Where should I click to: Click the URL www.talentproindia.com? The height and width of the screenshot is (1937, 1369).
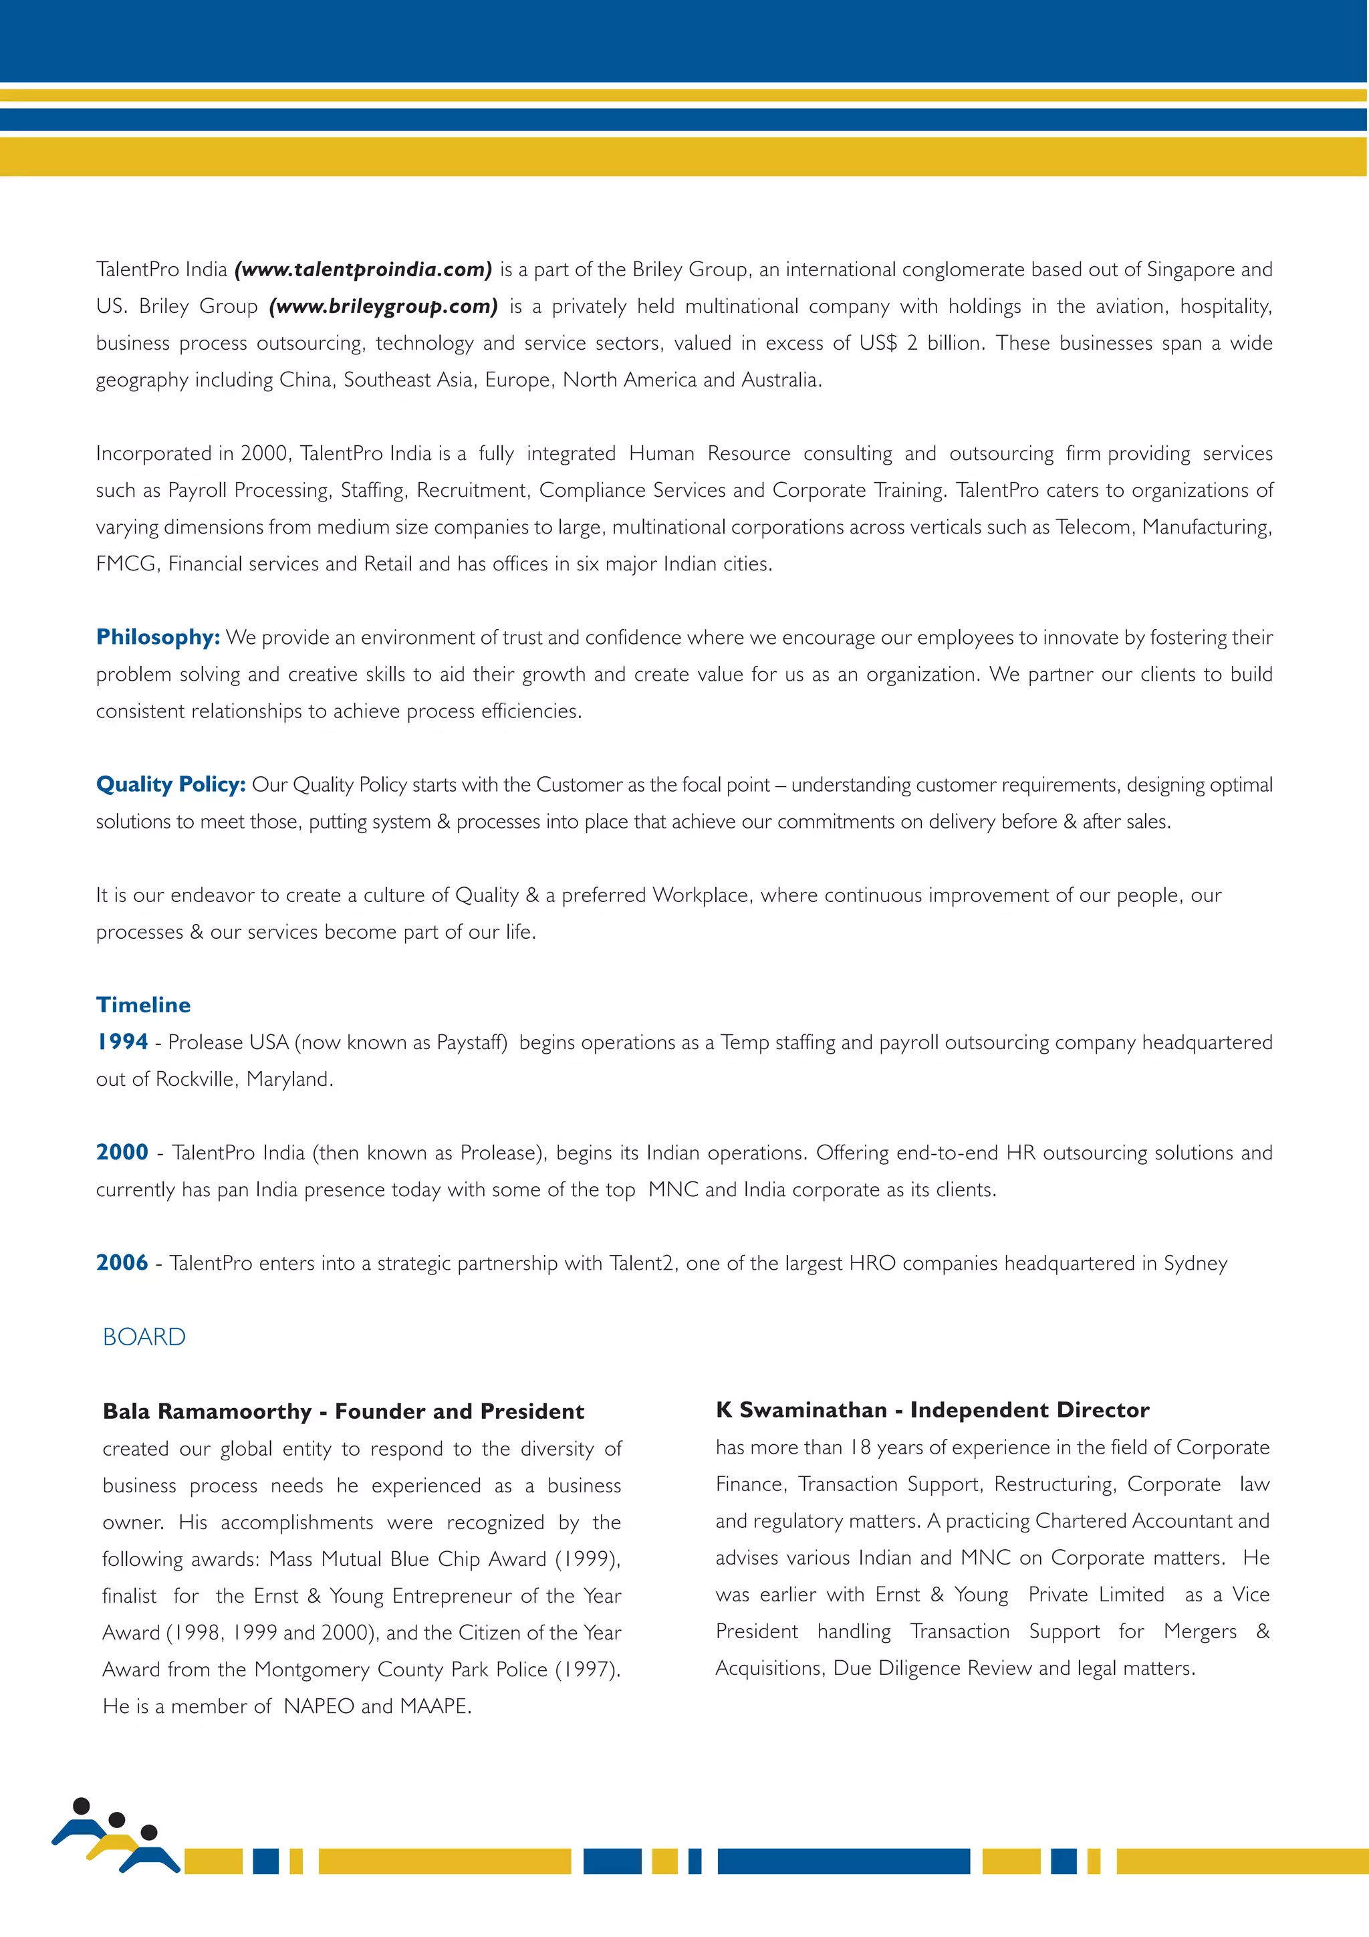(364, 270)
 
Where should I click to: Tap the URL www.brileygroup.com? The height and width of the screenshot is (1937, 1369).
(384, 306)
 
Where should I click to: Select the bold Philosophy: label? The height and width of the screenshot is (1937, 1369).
(158, 637)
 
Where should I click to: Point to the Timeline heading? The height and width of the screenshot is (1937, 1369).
(144, 1005)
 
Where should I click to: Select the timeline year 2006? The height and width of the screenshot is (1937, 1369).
(122, 1263)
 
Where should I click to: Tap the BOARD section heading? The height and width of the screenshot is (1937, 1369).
(144, 1337)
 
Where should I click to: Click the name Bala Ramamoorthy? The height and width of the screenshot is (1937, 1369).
(207, 1411)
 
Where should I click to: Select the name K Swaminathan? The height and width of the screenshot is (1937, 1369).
(801, 1409)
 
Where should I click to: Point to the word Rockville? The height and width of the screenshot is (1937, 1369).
(197, 1080)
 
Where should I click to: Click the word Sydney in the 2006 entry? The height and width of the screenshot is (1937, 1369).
(1195, 1264)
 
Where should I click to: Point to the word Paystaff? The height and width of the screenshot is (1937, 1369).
(470, 1043)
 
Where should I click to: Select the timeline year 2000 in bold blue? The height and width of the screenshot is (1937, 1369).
(122, 1153)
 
